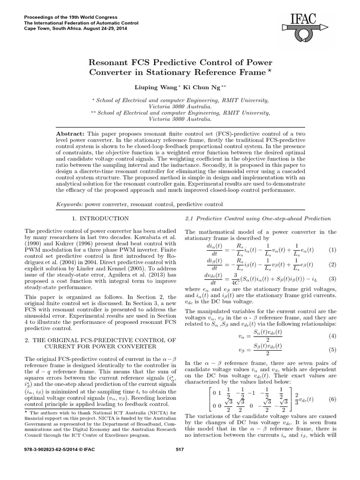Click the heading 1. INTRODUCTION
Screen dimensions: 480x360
[100, 218]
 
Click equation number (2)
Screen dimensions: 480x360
[332, 264]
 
